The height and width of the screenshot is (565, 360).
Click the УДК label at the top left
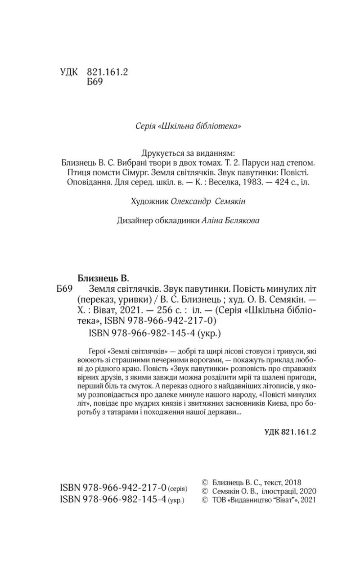click(68, 72)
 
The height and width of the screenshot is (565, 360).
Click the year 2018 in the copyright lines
click(292, 481)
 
